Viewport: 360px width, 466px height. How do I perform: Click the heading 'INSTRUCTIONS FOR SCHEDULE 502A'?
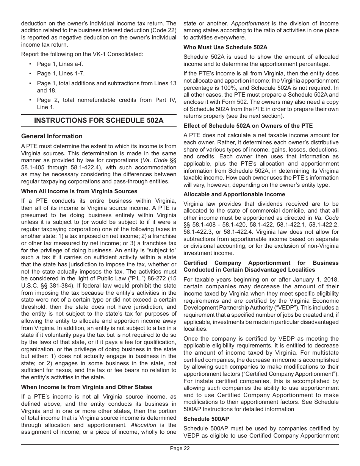pos(99,120)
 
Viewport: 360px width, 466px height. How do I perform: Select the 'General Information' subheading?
pos(52,136)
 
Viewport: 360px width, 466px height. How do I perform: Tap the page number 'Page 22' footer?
pos(180,449)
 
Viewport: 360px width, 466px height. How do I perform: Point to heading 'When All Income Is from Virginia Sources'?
pos(79,191)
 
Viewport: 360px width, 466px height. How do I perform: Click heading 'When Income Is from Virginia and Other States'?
pos(86,387)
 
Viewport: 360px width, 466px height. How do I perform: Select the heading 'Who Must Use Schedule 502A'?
pos(225,47)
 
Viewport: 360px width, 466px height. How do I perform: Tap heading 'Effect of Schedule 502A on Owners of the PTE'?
pos(248,126)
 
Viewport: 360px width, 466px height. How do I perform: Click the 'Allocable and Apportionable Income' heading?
pos(234,194)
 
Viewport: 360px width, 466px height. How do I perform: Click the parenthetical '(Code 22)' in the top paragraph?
pos(164,31)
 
